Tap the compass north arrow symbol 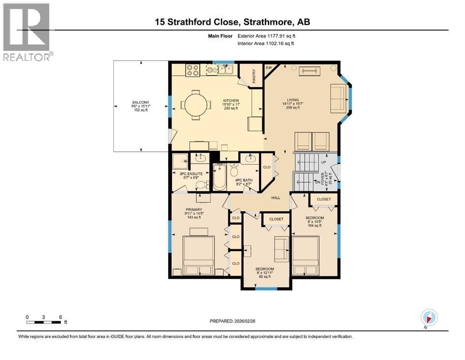coord(429,317)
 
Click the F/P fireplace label coord(269,68)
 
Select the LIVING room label coord(293,99)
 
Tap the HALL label coord(276,198)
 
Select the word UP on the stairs coord(323,162)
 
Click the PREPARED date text coord(233,321)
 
